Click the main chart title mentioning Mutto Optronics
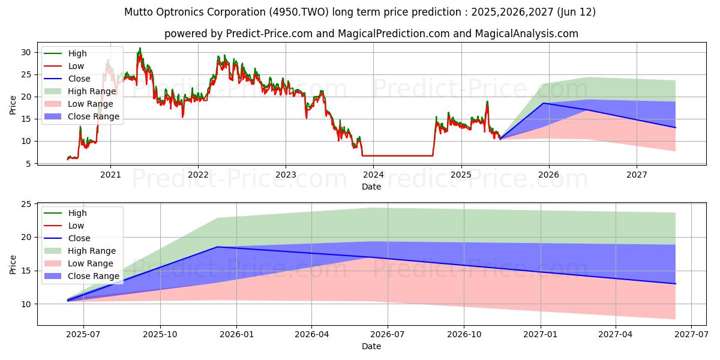[x=359, y=12]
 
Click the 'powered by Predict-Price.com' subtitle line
[x=371, y=34]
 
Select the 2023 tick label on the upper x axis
[x=286, y=175]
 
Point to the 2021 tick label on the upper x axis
[x=110, y=175]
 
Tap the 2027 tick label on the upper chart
[x=637, y=175]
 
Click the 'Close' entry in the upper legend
[x=79, y=79]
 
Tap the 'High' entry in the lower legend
[x=77, y=213]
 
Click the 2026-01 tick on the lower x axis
[x=236, y=334]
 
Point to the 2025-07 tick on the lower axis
[x=83, y=334]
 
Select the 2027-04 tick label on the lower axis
[x=616, y=334]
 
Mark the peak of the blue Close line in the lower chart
[x=217, y=247]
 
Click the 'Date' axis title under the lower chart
[x=371, y=346]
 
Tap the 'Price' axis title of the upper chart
[x=13, y=104]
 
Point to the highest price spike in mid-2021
[x=140, y=48]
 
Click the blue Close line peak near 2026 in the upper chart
[x=544, y=103]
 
